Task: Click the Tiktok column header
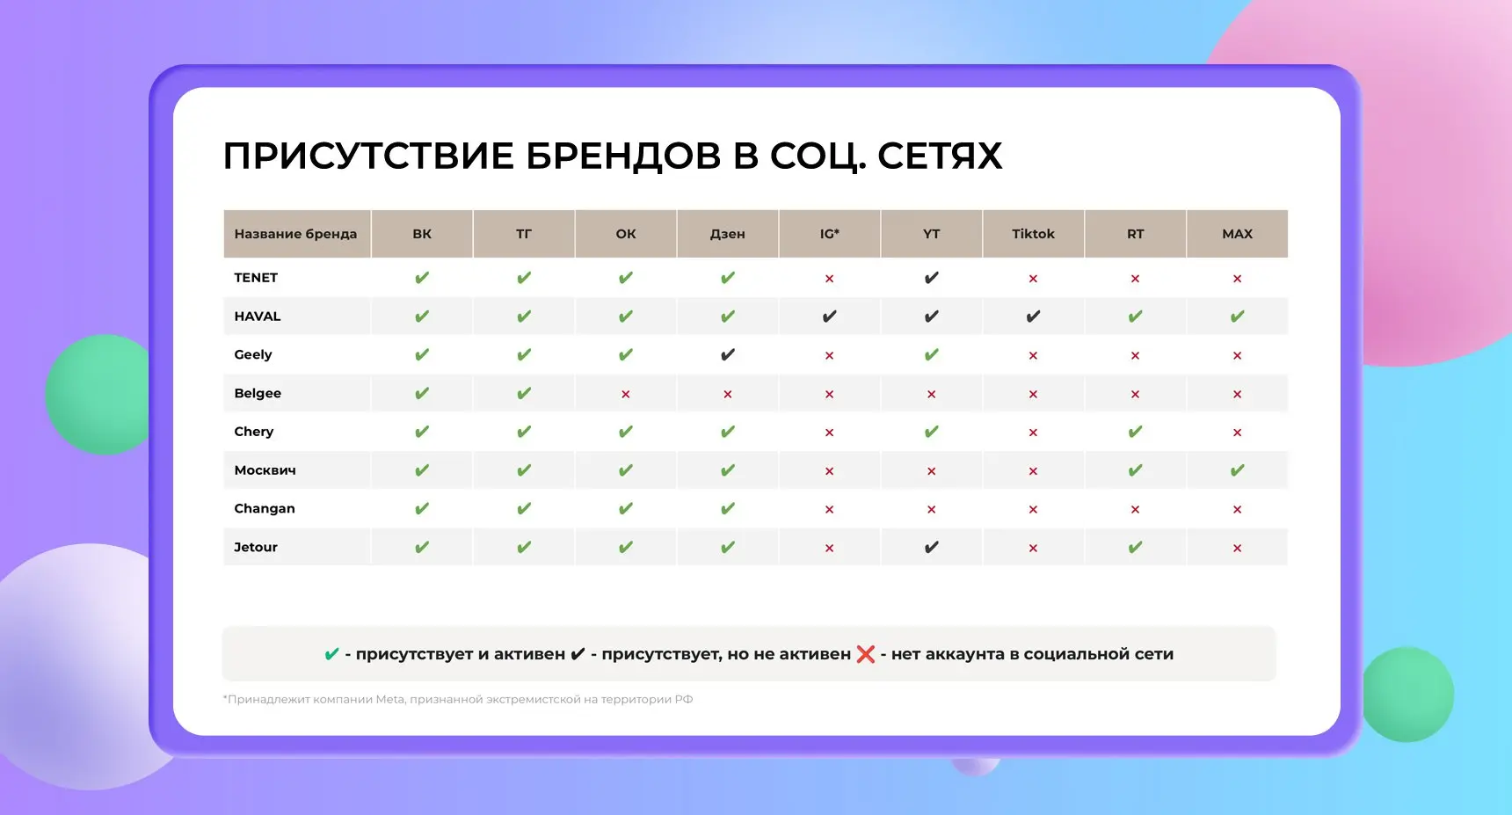[1033, 234]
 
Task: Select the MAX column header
[1237, 234]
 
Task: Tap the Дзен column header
[727, 234]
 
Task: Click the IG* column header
[829, 234]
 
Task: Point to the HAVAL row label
[258, 317]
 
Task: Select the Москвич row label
[265, 470]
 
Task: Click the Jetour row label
[256, 547]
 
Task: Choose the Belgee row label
[258, 393]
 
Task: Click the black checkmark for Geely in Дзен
[727, 355]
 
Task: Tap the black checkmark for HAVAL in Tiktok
[1033, 317]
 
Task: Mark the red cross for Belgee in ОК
[625, 394]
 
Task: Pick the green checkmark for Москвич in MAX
[1237, 470]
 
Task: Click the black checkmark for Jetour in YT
[931, 548]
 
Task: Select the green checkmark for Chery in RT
[1135, 432]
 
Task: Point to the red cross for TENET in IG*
[829, 279]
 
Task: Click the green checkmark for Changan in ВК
[422, 509]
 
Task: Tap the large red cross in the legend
[865, 654]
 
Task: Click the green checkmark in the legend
[331, 654]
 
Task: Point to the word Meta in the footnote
[389, 700]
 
